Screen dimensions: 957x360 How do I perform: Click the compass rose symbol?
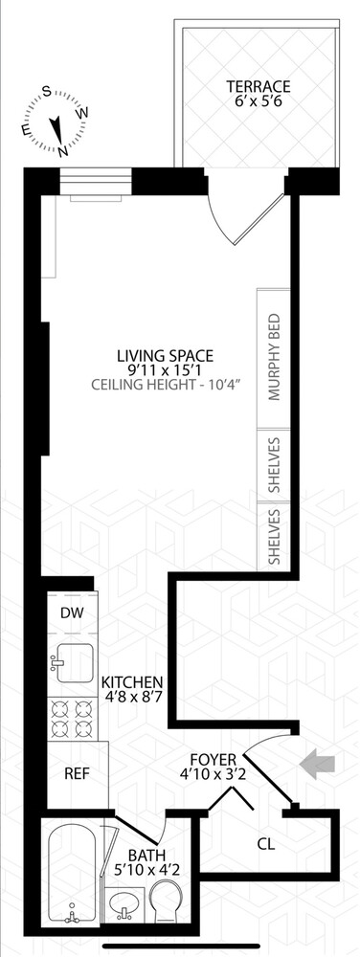[x=56, y=122]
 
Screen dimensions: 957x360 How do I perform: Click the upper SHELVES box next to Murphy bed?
[x=274, y=465]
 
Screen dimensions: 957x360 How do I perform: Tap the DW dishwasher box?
[x=72, y=612]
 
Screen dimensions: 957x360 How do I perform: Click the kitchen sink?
[x=72, y=662]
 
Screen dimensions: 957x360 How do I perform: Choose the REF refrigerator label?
[x=77, y=773]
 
